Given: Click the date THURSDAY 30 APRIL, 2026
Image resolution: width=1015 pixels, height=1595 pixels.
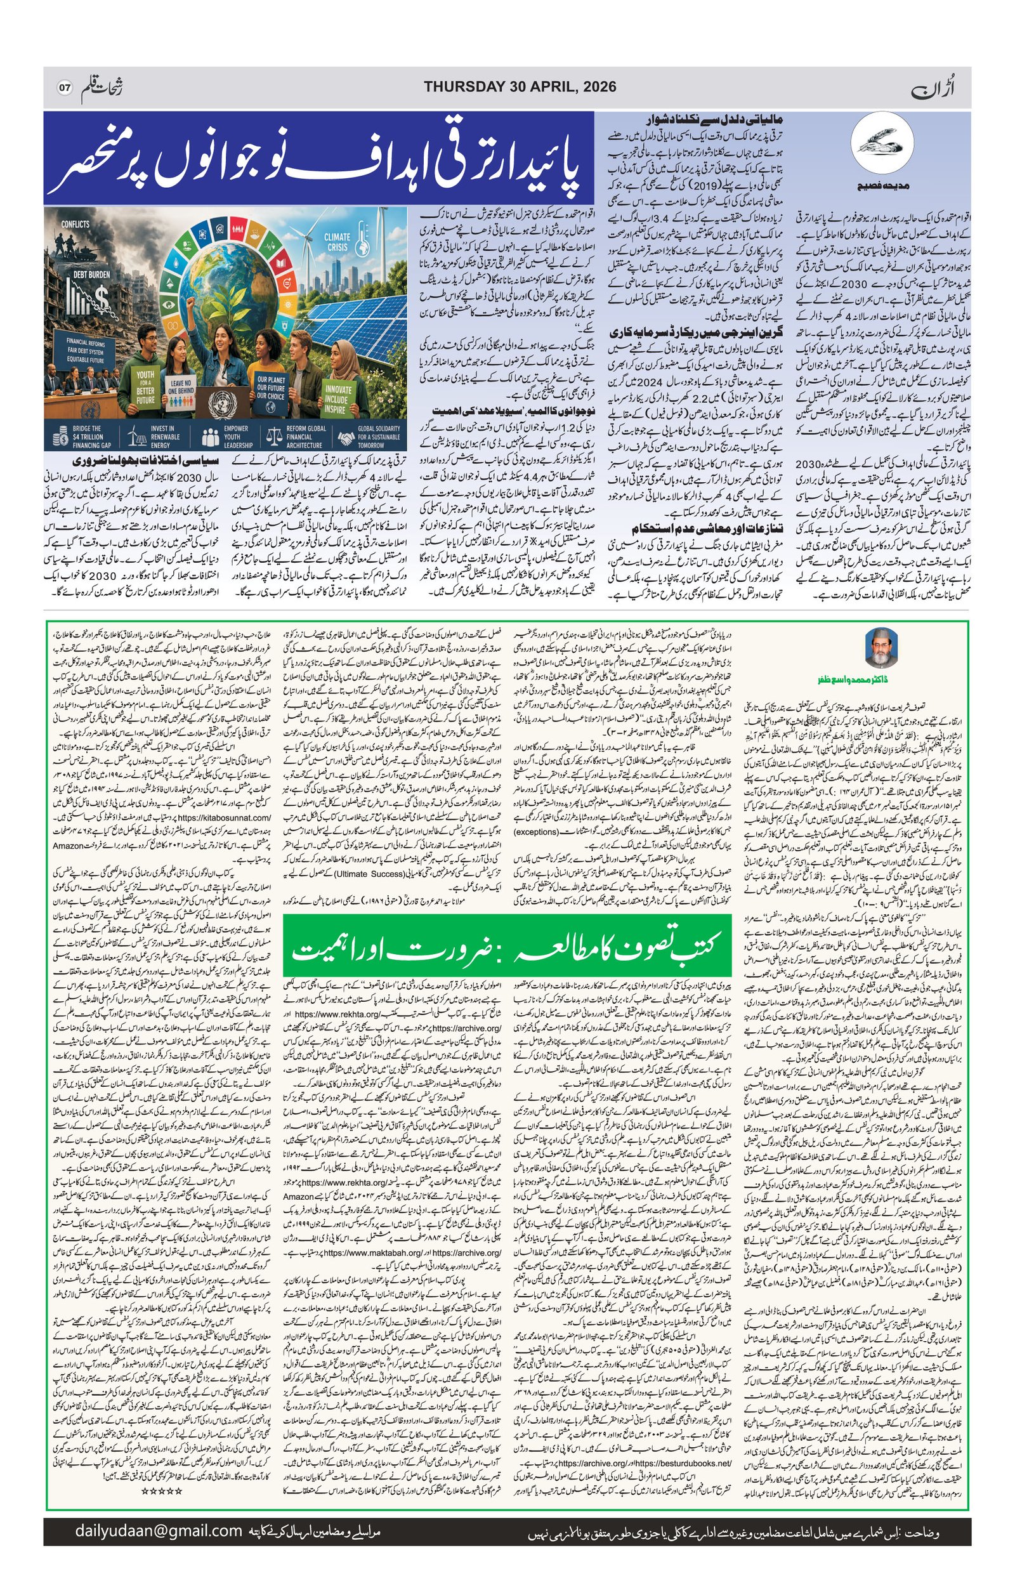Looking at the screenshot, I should (x=520, y=87).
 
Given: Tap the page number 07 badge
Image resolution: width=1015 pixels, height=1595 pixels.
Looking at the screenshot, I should (x=64, y=88).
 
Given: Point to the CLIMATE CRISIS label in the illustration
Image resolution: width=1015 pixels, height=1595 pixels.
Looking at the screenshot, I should (x=337, y=242).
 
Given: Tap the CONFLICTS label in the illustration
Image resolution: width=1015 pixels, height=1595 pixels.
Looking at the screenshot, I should (x=75, y=224).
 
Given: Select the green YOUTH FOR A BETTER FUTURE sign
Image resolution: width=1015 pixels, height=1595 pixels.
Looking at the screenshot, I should (x=145, y=386).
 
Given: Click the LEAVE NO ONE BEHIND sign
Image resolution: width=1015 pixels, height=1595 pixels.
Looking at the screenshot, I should (x=181, y=388).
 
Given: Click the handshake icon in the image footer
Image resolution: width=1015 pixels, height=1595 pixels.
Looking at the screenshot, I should (x=346, y=437).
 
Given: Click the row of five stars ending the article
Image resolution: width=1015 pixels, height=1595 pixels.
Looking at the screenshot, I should (x=162, y=1490).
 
